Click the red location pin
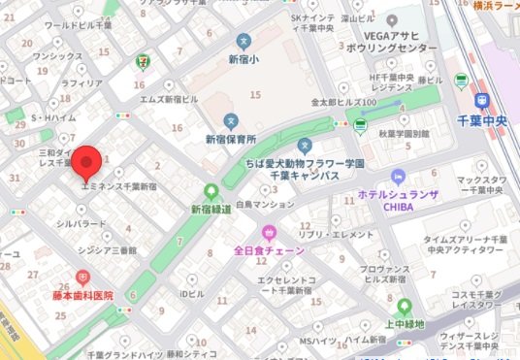click(88, 158)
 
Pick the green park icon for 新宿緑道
click(211, 191)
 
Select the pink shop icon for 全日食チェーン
click(269, 232)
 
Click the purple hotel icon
click(396, 176)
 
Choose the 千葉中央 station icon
click(482, 100)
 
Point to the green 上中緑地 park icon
click(403, 306)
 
